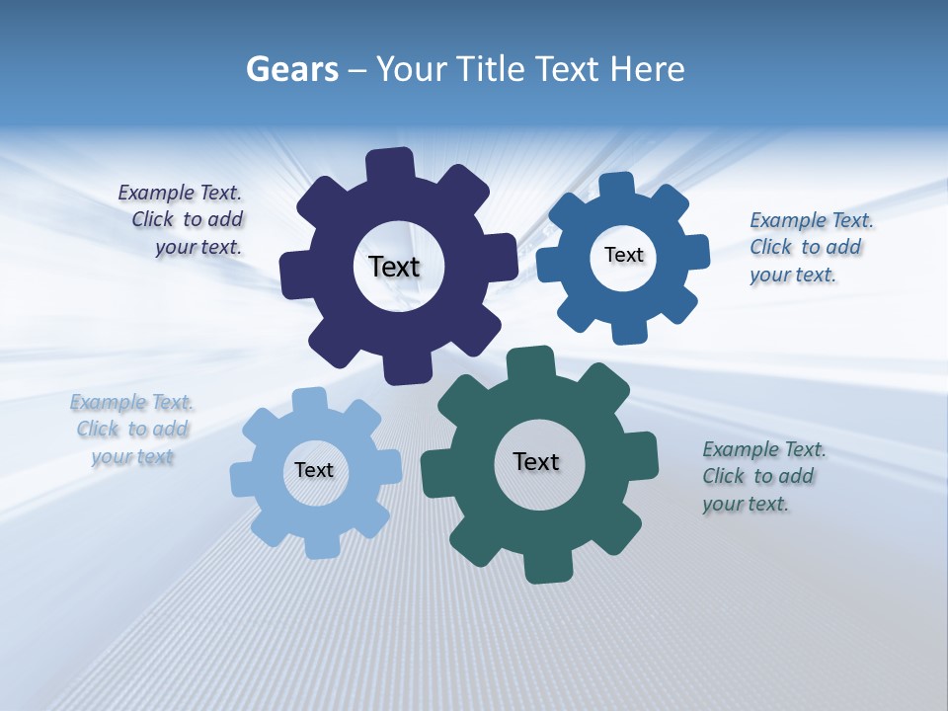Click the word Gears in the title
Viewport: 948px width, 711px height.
coord(292,69)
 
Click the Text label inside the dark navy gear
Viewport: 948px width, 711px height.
coord(394,267)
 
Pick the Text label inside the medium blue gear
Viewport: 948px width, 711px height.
coord(623,255)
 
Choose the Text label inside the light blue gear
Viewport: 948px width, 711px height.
coord(314,470)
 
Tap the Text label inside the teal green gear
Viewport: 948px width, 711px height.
coord(536,461)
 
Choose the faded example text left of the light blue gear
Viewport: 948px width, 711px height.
coord(131,430)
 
